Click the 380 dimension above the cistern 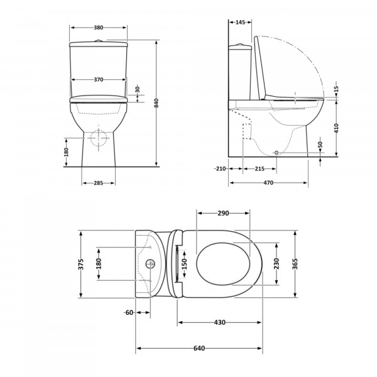tap(99, 28)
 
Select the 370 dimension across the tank tap(99, 80)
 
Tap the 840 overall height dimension tap(156, 103)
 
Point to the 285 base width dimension tap(99, 183)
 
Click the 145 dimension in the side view tap(240, 23)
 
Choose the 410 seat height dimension tap(336, 128)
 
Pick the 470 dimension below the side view tap(268, 183)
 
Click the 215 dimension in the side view tap(260, 169)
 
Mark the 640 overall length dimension tap(199, 348)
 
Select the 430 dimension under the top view tap(220, 322)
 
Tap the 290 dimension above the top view tap(223, 213)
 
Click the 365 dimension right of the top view tap(295, 264)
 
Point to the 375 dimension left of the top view tap(81, 264)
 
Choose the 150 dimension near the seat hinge tap(184, 264)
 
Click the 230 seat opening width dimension tap(276, 264)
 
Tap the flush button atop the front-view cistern tap(98, 41)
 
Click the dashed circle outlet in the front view tap(99, 138)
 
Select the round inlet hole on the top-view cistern tap(151, 264)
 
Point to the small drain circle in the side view tap(276, 153)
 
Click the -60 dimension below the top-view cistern tap(129, 312)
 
